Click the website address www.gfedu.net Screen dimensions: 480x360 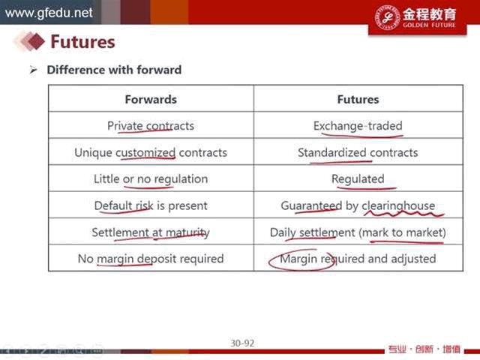tap(49, 13)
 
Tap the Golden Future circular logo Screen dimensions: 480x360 tap(388, 17)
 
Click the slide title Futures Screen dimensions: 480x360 tap(82, 42)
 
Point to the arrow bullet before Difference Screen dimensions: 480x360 tap(33, 70)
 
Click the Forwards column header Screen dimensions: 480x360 tap(151, 100)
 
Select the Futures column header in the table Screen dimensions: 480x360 tap(358, 100)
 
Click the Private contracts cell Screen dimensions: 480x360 tap(151, 126)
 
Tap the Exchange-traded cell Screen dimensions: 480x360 tap(358, 126)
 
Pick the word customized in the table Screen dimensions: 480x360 tap(145, 152)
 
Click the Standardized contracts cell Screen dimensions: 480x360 tap(358, 152)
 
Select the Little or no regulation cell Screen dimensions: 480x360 tap(151, 179)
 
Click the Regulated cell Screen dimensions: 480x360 tap(358, 179)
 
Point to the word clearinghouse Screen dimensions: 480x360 tap(398, 205)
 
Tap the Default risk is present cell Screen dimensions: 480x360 tap(151, 205)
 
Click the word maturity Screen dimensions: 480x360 tap(187, 232)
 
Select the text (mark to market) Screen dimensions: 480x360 tap(402, 232)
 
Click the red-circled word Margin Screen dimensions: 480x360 tap(298, 259)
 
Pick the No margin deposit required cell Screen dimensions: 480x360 tap(151, 259)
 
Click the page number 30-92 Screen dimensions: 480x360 tap(242, 343)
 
